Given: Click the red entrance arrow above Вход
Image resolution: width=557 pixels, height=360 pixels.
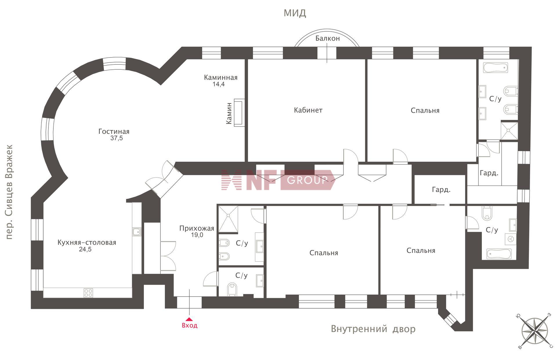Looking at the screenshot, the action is pyautogui.click(x=189, y=319).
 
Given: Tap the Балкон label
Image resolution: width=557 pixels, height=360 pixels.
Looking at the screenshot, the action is pyautogui.click(x=328, y=38).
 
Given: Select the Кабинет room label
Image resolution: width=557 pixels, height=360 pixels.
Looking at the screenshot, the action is pyautogui.click(x=308, y=110).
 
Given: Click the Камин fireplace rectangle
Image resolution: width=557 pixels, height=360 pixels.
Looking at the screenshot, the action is pyautogui.click(x=239, y=113).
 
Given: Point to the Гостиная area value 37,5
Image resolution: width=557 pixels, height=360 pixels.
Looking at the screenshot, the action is pyautogui.click(x=117, y=138).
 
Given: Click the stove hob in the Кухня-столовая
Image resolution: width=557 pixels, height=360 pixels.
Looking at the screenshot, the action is pyautogui.click(x=88, y=293).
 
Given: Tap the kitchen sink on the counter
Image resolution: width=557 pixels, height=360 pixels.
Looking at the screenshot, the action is pyautogui.click(x=137, y=232).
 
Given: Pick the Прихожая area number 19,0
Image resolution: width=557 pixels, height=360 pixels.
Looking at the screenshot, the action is pyautogui.click(x=197, y=235).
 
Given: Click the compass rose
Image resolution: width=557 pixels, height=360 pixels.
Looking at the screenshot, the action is pyautogui.click(x=534, y=331).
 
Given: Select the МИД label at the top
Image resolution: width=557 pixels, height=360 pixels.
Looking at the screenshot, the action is pyautogui.click(x=295, y=13).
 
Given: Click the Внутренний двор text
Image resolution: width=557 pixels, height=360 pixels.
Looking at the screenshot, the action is pyautogui.click(x=373, y=329).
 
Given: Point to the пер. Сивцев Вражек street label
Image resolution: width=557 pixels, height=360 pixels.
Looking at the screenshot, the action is pyautogui.click(x=10, y=192).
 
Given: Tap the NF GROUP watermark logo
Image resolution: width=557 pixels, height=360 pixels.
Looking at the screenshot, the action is pyautogui.click(x=278, y=180).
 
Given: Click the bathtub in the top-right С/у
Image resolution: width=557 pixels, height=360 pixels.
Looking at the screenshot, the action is pyautogui.click(x=495, y=68).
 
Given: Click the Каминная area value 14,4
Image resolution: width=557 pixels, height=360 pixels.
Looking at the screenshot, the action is pyautogui.click(x=218, y=84).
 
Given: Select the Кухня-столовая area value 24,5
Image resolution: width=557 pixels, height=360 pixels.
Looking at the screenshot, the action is pyautogui.click(x=85, y=249).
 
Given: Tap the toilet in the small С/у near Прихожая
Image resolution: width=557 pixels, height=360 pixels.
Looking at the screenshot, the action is pyautogui.click(x=232, y=289).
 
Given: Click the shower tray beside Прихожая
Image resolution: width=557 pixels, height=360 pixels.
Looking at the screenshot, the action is pyautogui.click(x=228, y=219).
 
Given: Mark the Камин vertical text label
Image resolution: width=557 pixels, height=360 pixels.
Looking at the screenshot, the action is pyautogui.click(x=229, y=113).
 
